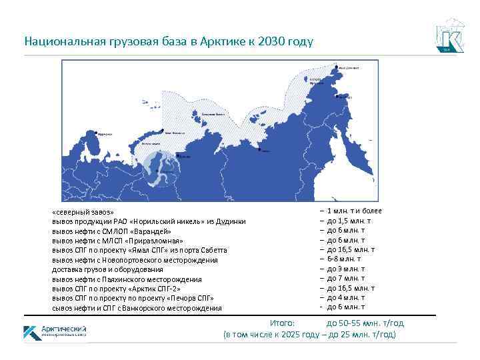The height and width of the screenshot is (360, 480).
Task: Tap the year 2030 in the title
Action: click(275, 41)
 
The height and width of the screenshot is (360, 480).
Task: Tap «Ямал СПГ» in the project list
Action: click(156, 250)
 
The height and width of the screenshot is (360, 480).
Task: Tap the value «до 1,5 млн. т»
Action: click(349, 220)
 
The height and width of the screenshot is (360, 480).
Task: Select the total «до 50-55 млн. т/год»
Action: click(365, 323)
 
